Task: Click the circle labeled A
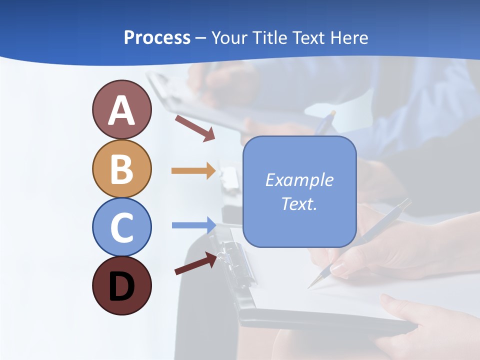click(x=121, y=109)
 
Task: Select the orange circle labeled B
click(x=121, y=168)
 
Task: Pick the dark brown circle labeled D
click(x=121, y=285)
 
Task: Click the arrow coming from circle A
click(x=195, y=127)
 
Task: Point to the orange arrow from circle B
click(x=193, y=171)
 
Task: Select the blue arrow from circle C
click(x=193, y=225)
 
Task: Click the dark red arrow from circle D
click(x=195, y=263)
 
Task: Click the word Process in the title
click(x=157, y=37)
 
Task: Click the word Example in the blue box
click(x=299, y=180)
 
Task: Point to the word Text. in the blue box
click(x=299, y=203)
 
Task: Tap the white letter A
click(x=121, y=110)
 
